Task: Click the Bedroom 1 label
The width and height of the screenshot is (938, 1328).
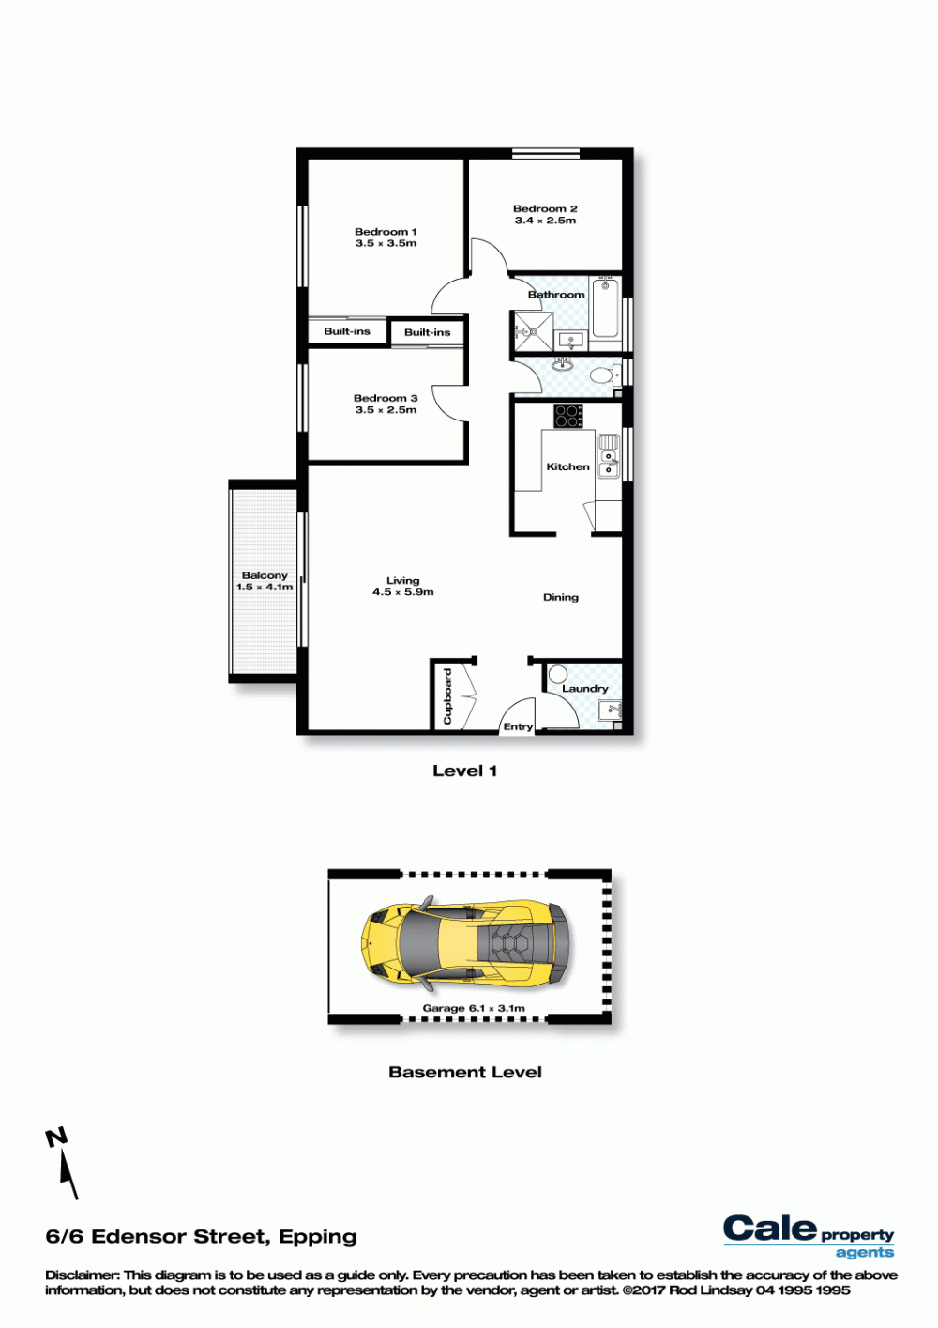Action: tap(386, 232)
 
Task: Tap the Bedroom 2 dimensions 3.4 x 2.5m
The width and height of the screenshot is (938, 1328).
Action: tap(545, 221)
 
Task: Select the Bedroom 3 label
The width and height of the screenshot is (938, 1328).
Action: tap(386, 398)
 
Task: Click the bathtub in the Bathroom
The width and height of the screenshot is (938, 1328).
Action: tap(606, 308)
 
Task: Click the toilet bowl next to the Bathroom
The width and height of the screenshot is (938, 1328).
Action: tap(603, 375)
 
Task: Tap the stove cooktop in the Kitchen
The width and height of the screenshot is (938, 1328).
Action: tap(568, 416)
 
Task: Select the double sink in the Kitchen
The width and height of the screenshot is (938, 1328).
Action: tap(609, 456)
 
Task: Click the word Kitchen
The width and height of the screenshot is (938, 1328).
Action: tap(567, 467)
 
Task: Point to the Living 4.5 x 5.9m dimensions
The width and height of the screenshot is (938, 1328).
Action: tap(403, 592)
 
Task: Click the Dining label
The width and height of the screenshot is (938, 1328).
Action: tap(561, 598)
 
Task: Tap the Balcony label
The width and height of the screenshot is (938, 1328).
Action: tap(265, 575)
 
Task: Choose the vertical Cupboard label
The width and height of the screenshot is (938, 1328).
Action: tap(447, 696)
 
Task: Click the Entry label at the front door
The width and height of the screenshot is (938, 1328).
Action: tap(518, 727)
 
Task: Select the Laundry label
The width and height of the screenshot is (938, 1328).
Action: tap(584, 689)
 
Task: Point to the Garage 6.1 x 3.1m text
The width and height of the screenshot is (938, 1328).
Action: tap(474, 1008)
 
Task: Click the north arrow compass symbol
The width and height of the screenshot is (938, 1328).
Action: tap(64, 1163)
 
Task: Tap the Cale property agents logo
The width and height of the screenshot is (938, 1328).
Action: tap(809, 1235)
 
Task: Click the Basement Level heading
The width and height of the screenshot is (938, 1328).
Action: tap(465, 1072)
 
